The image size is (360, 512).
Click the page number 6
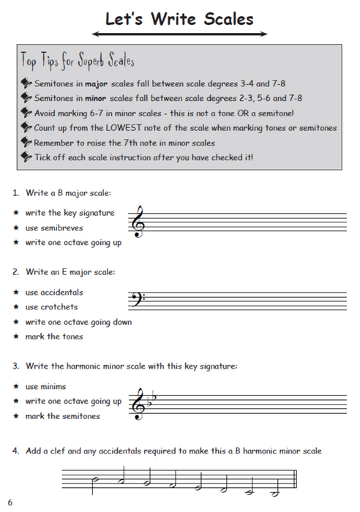point(10,502)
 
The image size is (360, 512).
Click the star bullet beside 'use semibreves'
point(15,228)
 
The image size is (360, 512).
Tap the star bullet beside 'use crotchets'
point(15,307)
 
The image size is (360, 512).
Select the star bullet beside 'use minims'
point(15,386)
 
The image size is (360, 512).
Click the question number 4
point(15,451)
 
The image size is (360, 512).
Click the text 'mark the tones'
point(54,336)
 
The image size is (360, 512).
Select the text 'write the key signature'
point(70,213)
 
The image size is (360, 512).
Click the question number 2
point(15,272)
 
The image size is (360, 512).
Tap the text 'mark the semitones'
point(63,416)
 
